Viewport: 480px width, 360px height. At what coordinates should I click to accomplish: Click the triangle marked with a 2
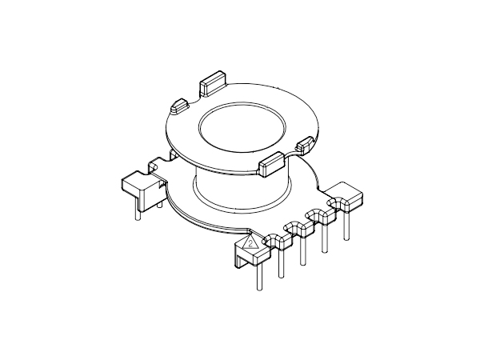tap(250, 243)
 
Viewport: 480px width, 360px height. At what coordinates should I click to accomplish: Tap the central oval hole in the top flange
tap(242, 128)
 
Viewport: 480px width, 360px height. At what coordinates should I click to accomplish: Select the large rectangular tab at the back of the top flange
tap(213, 83)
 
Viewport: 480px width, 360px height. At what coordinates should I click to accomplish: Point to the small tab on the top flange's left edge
tap(179, 106)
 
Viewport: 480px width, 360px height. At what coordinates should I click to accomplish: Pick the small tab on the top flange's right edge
tap(306, 145)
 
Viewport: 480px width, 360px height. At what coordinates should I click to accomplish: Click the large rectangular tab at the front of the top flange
tap(271, 163)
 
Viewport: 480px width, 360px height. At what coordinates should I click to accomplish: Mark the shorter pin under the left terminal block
tap(158, 205)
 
